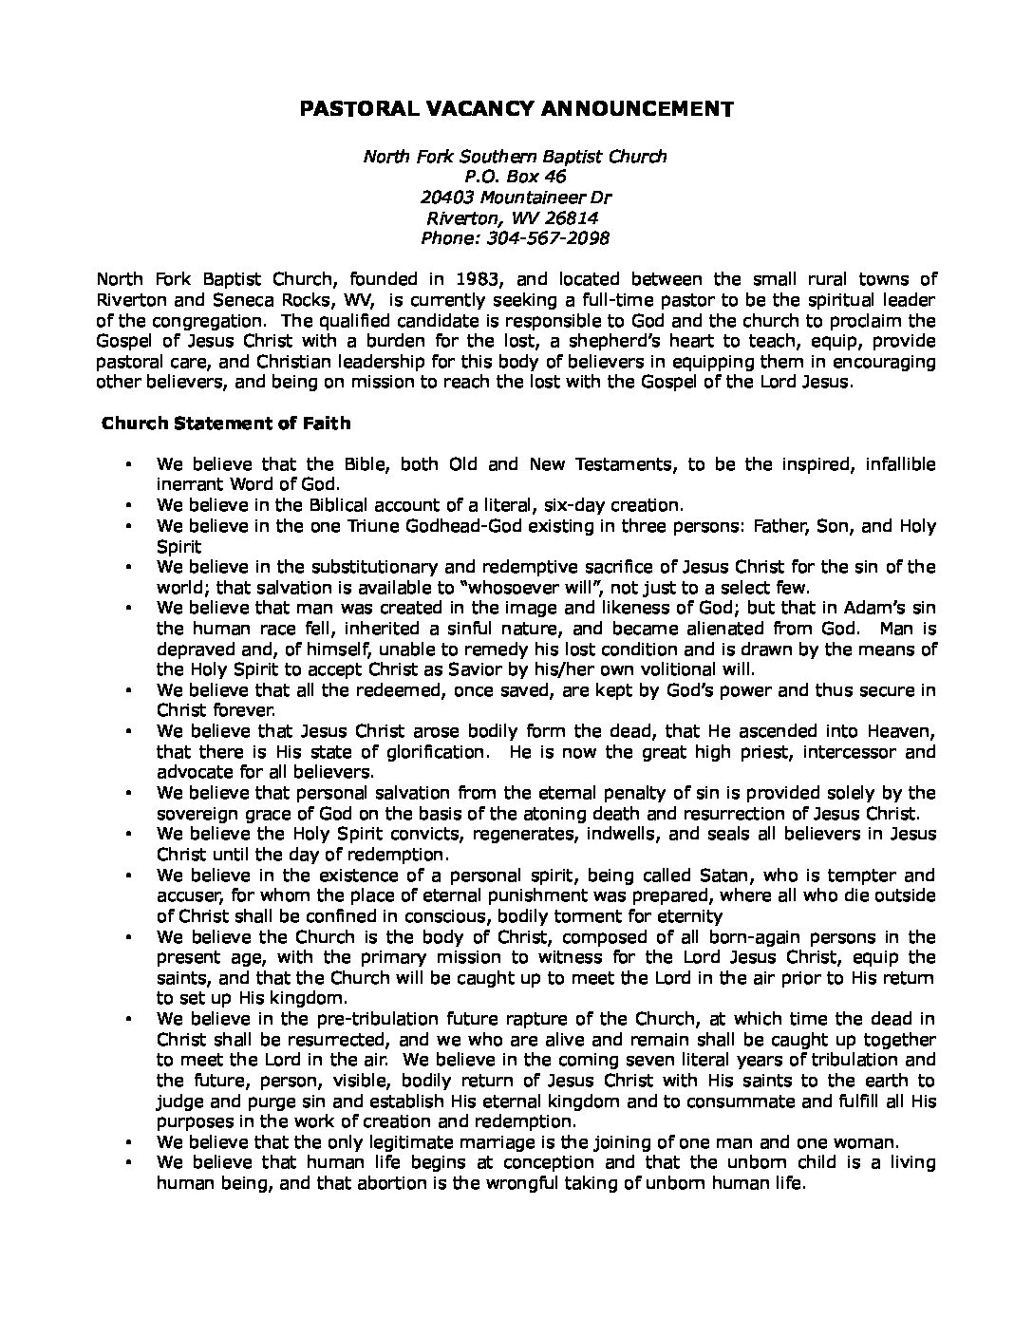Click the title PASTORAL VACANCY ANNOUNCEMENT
click(x=516, y=109)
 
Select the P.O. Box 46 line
click(x=516, y=177)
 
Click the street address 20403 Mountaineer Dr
click(x=516, y=198)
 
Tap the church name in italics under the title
click(x=516, y=156)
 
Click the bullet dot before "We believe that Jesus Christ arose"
click(x=128, y=732)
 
